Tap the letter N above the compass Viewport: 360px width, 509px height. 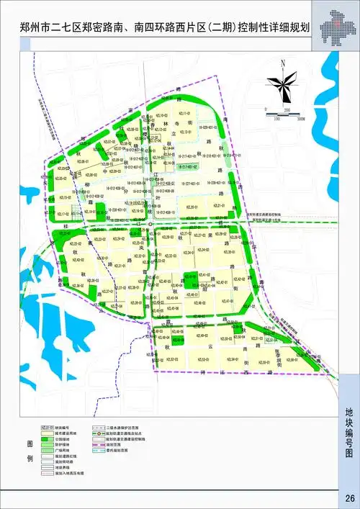coord(284,63)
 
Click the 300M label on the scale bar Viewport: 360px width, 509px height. coord(300,118)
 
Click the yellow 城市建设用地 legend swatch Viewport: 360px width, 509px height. coord(48,432)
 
